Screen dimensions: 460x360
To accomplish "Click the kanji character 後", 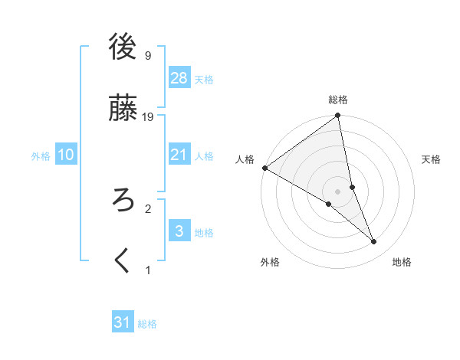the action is point(123,47).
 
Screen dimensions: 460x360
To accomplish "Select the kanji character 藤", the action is point(123,108).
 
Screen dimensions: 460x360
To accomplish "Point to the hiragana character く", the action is point(123,261).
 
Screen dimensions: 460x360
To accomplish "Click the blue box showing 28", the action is point(179,78).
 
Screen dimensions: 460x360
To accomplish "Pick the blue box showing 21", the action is point(179,155).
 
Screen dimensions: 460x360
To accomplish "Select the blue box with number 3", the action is point(179,231).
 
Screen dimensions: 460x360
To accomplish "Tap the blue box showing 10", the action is point(66,155).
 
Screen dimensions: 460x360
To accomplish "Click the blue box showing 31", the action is point(123,322).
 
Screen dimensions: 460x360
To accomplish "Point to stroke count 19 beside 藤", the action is point(149,116).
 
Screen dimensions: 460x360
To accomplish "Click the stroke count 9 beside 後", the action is point(147,55).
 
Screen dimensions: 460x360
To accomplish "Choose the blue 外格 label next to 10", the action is point(41,155).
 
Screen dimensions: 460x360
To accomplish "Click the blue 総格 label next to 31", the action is point(147,324).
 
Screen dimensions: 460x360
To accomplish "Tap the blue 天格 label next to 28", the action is point(204,80).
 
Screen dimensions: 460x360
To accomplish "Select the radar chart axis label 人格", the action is point(245,159).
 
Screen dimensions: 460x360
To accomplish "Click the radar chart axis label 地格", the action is point(402,262).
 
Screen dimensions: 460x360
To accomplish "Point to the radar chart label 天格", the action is point(431,159).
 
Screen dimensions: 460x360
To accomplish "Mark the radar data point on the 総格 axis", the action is point(338,116).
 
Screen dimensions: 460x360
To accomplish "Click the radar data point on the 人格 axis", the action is point(264,168).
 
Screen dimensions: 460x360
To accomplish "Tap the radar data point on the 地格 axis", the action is point(374,241).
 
